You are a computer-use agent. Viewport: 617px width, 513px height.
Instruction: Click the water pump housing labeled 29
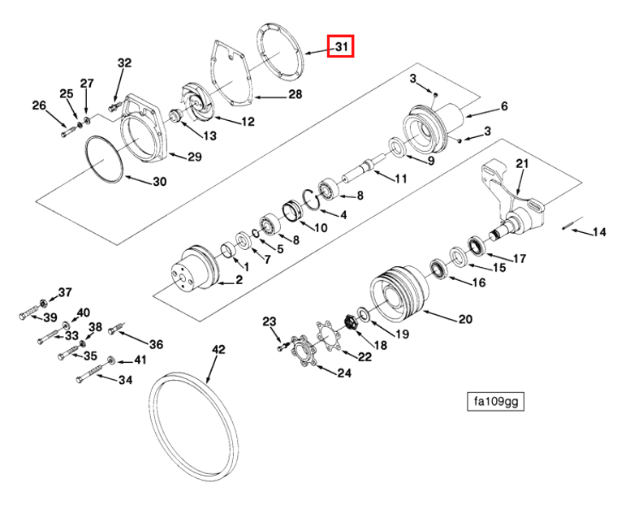[147, 130]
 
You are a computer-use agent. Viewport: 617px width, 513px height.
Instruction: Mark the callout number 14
[598, 233]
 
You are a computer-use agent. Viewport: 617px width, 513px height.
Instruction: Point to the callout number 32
[123, 63]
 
